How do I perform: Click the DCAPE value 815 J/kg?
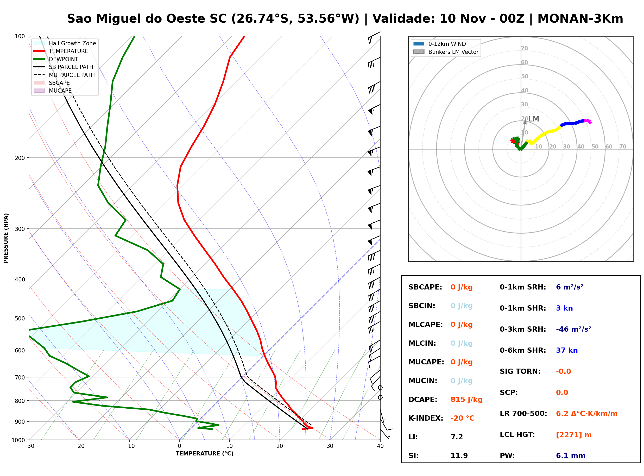[466, 399]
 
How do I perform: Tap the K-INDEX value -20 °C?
[462, 418]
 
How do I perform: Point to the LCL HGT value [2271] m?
[574, 435]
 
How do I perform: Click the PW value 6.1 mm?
[571, 455]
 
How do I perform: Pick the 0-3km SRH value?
[573, 329]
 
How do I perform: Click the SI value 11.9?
[459, 455]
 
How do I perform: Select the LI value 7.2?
[457, 437]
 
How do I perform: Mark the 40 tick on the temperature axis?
[380, 446]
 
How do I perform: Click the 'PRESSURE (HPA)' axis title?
[6, 238]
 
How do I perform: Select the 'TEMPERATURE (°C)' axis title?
[205, 454]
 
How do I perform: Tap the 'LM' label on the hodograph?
[534, 119]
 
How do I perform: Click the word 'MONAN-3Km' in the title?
[580, 19]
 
